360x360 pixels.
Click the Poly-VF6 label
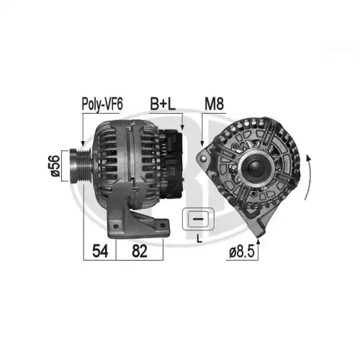point(102,104)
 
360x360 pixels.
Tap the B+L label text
point(163,104)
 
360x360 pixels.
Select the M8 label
point(214,104)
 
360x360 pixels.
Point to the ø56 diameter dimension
point(55,166)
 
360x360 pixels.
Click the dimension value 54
point(100,251)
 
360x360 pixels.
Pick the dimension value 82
point(140,251)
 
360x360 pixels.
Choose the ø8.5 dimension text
point(241,252)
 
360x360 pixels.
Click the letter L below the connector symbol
point(199,238)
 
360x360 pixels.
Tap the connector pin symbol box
point(198,219)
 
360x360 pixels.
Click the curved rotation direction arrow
point(310,178)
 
